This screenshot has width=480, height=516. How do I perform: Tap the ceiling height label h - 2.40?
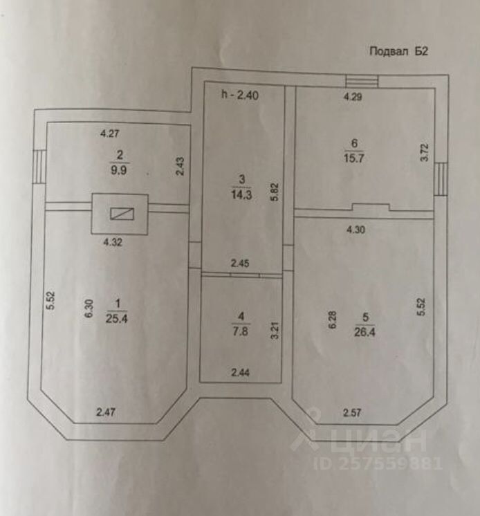click(x=239, y=95)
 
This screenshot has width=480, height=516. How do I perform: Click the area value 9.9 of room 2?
click(x=119, y=167)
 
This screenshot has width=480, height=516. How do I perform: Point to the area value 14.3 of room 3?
click(x=241, y=195)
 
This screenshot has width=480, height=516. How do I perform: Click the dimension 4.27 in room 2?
click(x=111, y=133)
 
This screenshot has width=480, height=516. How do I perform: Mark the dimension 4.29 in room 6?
click(x=353, y=98)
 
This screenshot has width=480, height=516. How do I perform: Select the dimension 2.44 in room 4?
click(x=240, y=374)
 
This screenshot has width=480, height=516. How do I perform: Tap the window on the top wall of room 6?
click(x=362, y=81)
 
